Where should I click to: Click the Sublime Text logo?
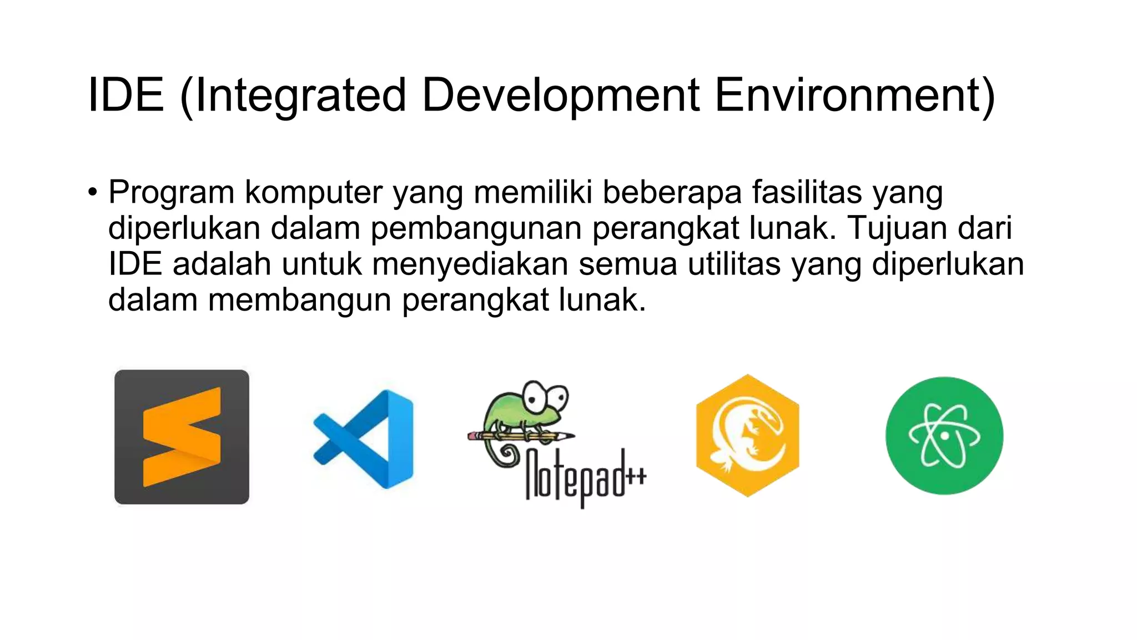pos(182,437)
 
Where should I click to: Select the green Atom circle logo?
pos(944,436)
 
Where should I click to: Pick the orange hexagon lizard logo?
pos(747,436)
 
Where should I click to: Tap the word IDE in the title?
pos(126,95)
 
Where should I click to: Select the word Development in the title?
pos(560,95)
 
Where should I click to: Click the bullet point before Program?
pos(92,193)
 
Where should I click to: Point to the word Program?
pos(171,193)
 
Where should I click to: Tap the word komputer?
pos(314,193)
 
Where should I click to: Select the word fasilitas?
pos(807,192)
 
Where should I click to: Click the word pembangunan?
pos(476,228)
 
